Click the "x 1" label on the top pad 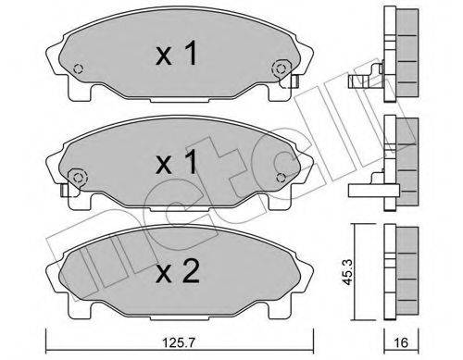(x=176, y=55)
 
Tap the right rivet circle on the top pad (x=278, y=68)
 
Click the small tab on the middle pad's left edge (x=62, y=192)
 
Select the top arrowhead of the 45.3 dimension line (x=356, y=229)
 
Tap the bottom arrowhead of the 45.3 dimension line (x=356, y=317)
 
